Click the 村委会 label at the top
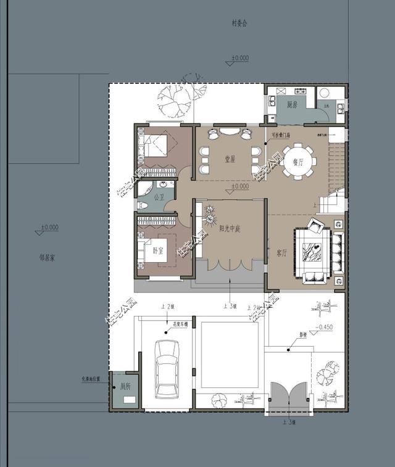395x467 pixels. (239, 23)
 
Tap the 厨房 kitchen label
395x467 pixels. (292, 105)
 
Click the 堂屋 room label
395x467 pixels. (230, 159)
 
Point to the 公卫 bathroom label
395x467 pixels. (159, 197)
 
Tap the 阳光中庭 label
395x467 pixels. (230, 228)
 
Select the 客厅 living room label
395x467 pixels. (282, 253)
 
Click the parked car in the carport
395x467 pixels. (167, 368)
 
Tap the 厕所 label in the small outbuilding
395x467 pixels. (126, 386)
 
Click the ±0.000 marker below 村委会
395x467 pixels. (239, 59)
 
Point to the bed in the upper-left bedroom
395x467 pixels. (159, 147)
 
